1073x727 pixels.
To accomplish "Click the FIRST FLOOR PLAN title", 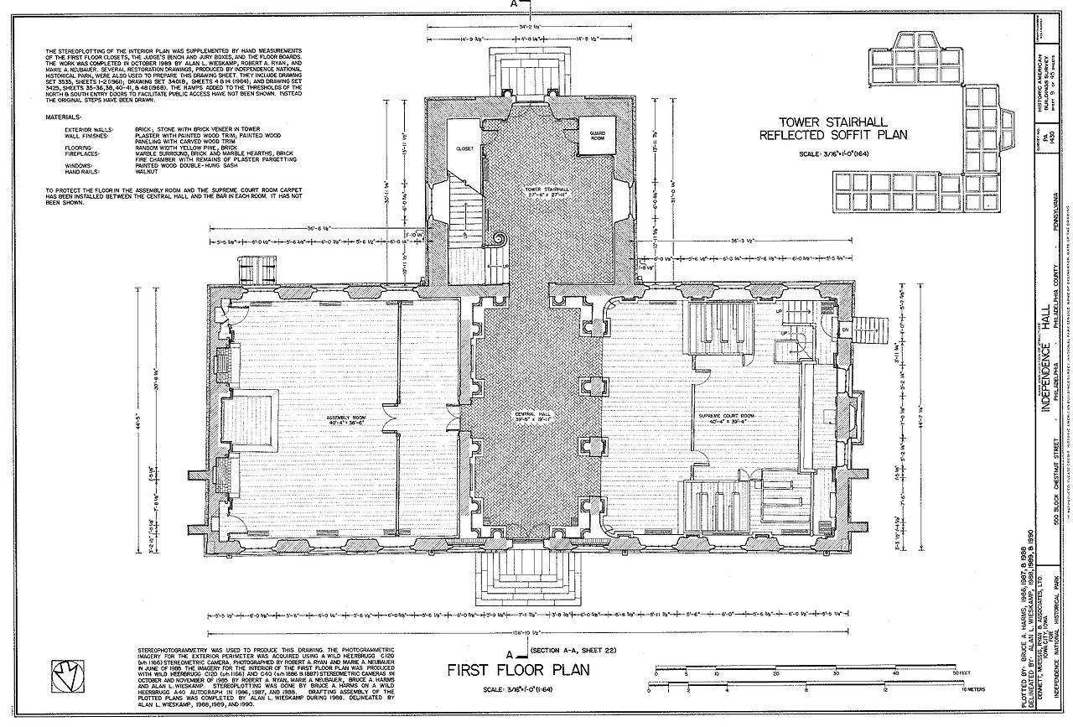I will coord(517,670).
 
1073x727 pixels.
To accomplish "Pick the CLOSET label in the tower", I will coord(464,148).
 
